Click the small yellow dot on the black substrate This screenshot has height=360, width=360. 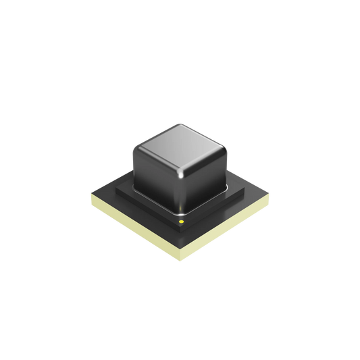tap(180, 221)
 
